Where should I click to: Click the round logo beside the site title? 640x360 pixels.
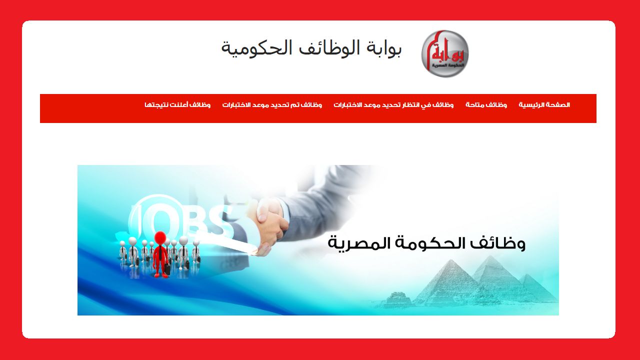[x=444, y=53]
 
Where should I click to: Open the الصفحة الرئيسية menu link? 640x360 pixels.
[x=544, y=105]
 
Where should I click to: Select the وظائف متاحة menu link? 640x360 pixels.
[x=486, y=105]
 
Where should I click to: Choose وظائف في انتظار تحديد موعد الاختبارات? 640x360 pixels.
[x=393, y=105]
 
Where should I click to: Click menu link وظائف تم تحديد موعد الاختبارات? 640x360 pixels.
[x=272, y=105]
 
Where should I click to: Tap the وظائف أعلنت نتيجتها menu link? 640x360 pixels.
[x=177, y=105]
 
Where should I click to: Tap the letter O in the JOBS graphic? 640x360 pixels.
[x=161, y=220]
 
